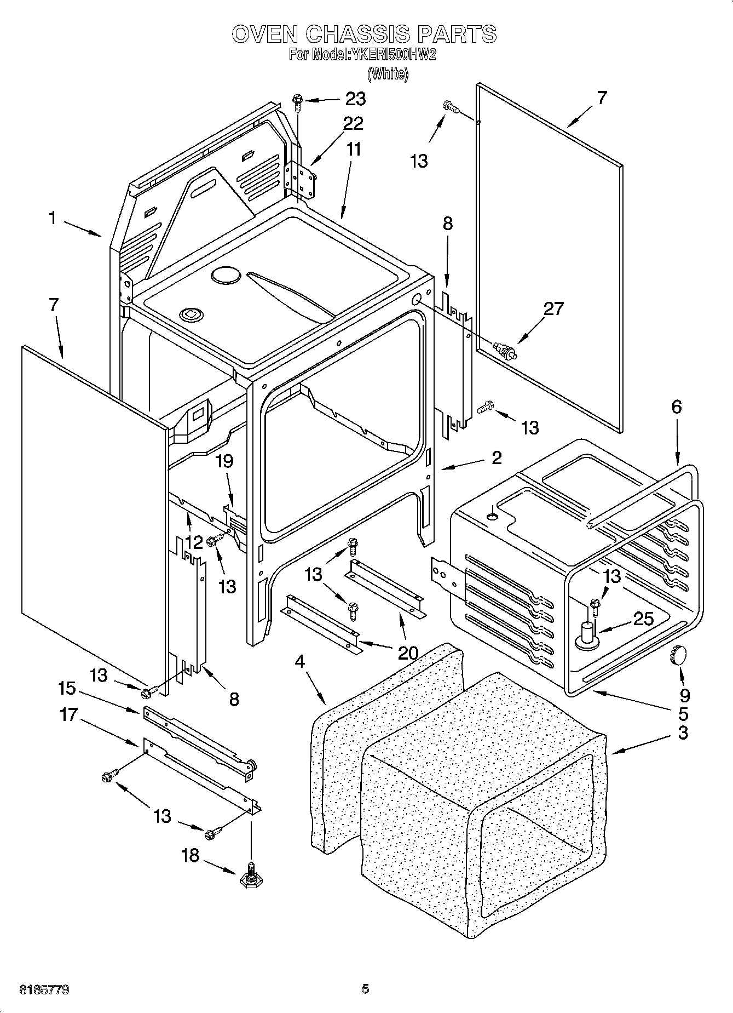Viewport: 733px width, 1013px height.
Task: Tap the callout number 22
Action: pos(353,124)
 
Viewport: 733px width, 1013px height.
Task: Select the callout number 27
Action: pos(553,309)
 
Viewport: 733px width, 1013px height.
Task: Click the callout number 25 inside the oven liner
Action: pos(643,619)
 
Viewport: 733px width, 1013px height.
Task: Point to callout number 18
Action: pos(191,856)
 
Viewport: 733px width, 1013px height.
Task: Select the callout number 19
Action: pos(224,462)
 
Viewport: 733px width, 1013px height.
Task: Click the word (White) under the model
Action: pos(388,73)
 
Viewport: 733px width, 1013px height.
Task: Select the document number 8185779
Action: pos(44,989)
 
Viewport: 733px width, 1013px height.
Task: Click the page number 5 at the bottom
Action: pos(365,989)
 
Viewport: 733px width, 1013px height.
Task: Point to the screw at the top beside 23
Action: pos(297,101)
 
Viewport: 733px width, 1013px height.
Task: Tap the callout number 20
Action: pos(407,653)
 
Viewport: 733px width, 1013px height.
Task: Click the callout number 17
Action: pos(69,715)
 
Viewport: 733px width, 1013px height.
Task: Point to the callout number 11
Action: pos(354,149)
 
